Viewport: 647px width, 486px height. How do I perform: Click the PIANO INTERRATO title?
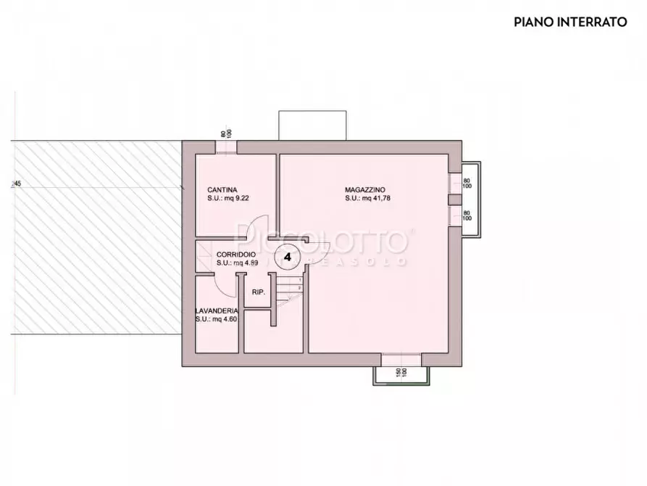[x=570, y=22]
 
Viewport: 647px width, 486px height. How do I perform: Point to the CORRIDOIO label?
[x=235, y=255]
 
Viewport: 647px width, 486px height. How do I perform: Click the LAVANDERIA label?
[x=217, y=310]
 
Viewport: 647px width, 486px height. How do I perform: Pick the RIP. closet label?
[x=258, y=292]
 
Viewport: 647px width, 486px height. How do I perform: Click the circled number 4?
[x=288, y=257]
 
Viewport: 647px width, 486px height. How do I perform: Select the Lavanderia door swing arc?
[x=227, y=287]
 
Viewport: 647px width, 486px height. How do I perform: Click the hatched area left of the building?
[x=94, y=239]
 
